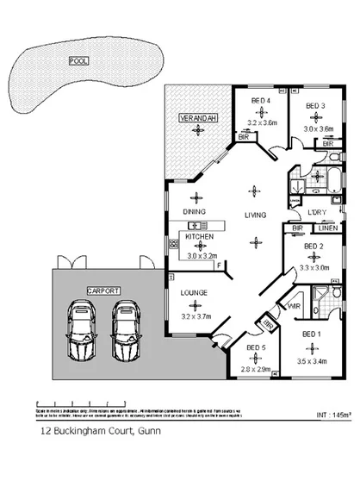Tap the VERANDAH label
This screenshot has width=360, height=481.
click(196, 116)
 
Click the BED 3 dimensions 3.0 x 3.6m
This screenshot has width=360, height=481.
click(320, 128)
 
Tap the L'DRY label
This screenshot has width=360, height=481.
click(316, 213)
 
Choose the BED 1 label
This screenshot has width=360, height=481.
click(311, 333)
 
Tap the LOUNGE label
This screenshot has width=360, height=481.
click(194, 294)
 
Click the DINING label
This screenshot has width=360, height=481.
click(193, 211)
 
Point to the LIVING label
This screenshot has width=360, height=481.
click(254, 214)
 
